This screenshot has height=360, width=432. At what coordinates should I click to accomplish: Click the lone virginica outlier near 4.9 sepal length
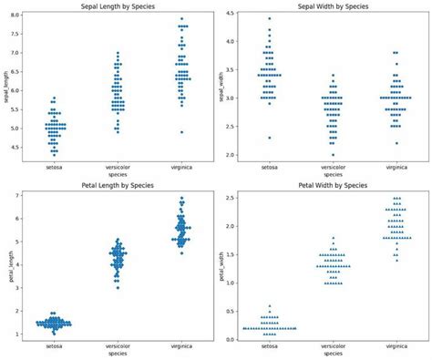click(x=182, y=132)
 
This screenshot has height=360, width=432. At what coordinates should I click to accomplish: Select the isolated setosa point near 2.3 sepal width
click(x=269, y=138)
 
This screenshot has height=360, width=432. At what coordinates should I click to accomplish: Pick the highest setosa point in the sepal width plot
click(x=269, y=18)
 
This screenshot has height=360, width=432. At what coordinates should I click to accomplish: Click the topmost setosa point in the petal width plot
click(x=269, y=306)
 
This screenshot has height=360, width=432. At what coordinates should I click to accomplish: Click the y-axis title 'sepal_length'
click(x=6, y=87)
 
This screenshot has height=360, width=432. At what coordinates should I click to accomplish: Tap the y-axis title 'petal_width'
click(x=220, y=266)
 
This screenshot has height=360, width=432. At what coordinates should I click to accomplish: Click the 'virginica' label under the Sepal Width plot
click(x=395, y=168)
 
